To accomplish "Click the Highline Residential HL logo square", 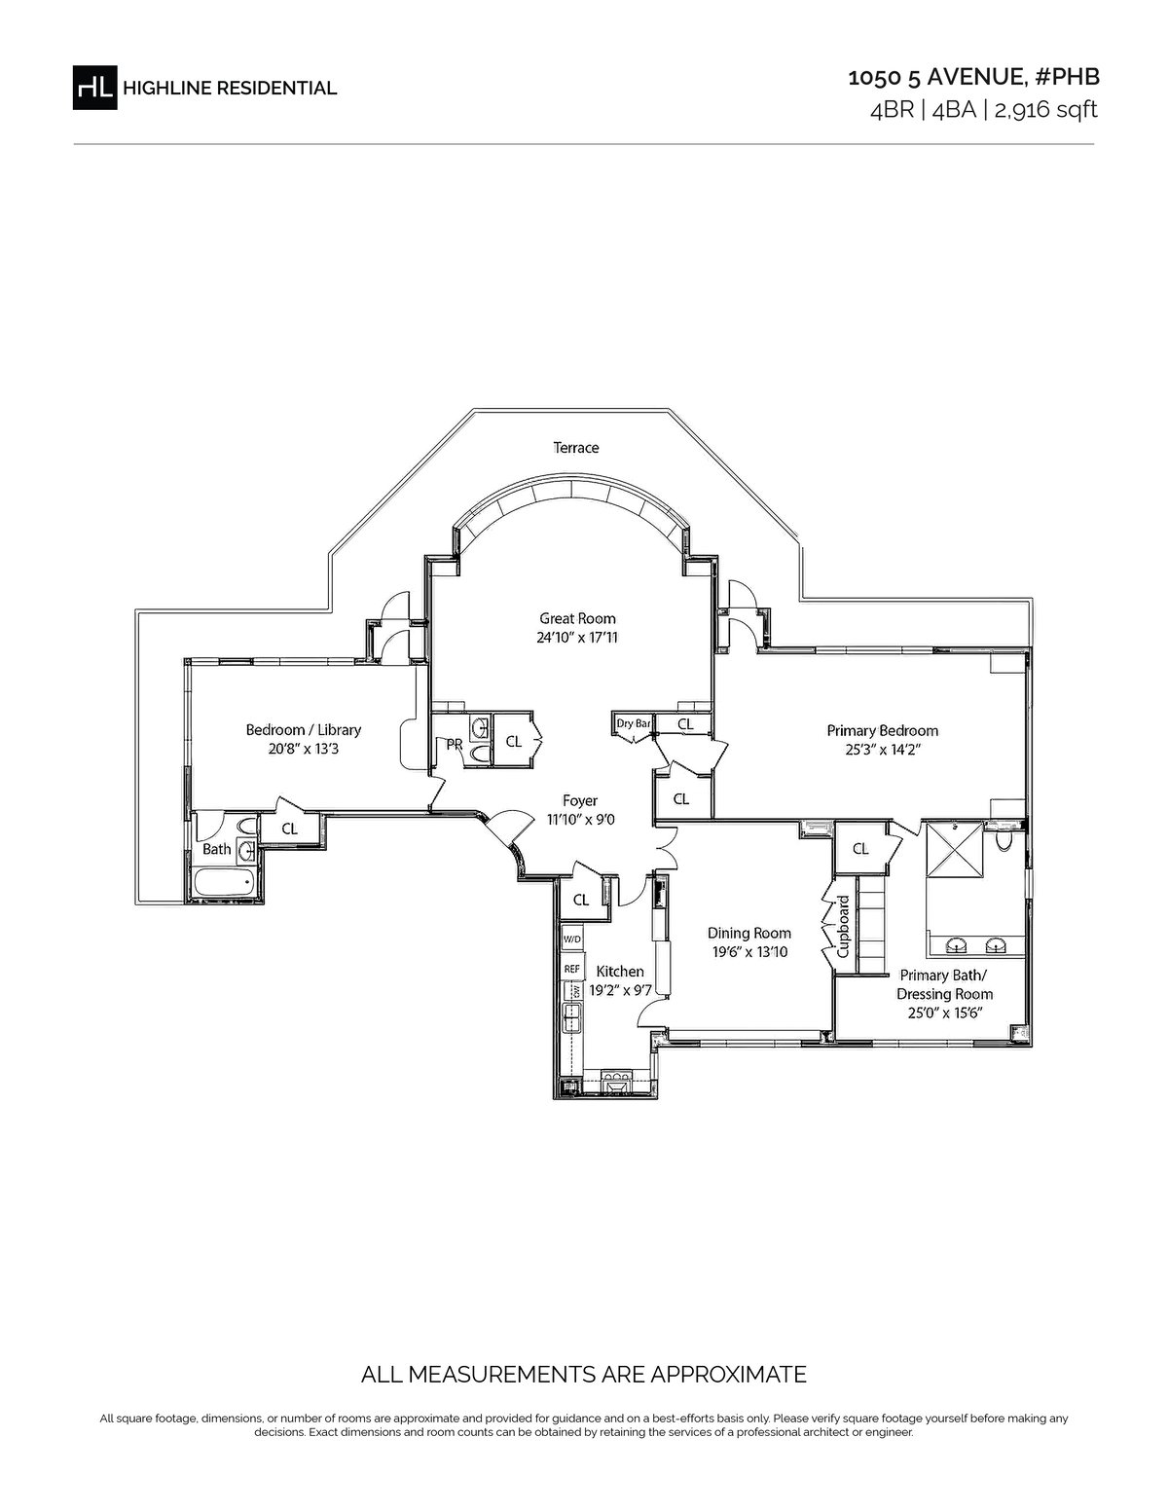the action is click(95, 88).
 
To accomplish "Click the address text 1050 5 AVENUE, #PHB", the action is click(973, 78).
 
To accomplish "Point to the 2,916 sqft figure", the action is click(1045, 110).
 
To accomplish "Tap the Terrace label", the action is click(576, 448).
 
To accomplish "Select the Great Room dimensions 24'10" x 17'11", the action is click(577, 637).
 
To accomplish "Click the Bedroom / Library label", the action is click(304, 730).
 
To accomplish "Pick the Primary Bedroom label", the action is click(883, 731).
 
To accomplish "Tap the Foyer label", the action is click(580, 801).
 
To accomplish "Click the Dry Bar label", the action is click(634, 724).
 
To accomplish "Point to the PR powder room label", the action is click(455, 745).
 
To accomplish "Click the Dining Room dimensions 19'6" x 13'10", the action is click(749, 952).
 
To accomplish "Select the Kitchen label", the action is click(620, 972).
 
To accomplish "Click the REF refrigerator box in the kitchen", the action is click(572, 969).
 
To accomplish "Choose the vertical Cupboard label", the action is click(844, 927).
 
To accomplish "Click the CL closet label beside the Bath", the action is click(290, 829).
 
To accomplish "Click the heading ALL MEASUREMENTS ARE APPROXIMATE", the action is click(584, 1375).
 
